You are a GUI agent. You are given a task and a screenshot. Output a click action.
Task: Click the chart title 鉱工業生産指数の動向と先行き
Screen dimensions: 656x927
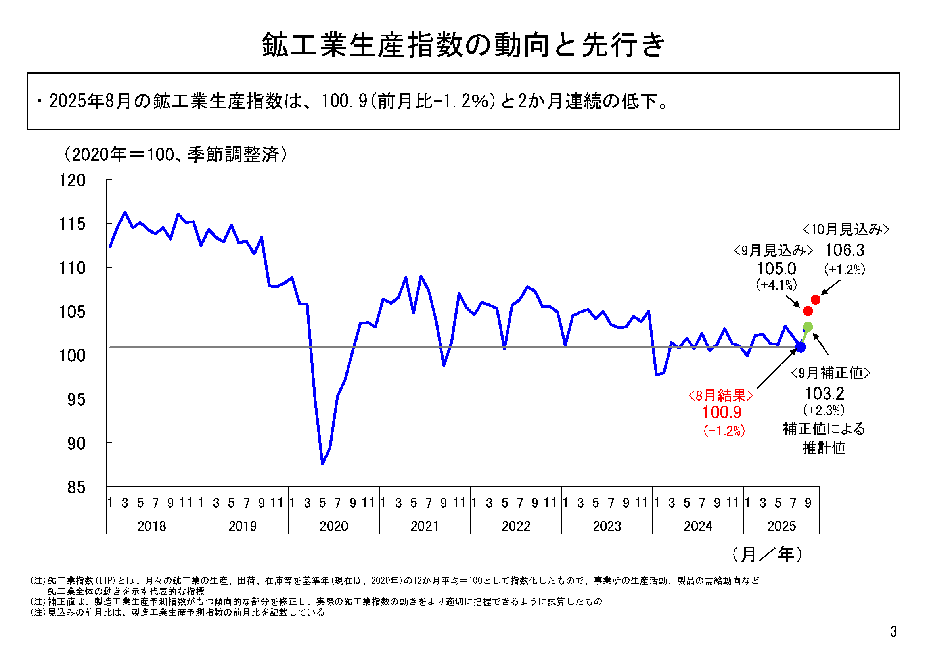pyautogui.click(x=463, y=44)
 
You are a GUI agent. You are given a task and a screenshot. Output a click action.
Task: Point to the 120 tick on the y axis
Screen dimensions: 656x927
pyautogui.click(x=73, y=180)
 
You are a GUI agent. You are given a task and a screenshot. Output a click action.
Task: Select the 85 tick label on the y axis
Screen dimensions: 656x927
pyautogui.click(x=77, y=487)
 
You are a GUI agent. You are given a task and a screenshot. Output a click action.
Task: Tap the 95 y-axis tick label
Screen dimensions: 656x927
pyautogui.click(x=77, y=399)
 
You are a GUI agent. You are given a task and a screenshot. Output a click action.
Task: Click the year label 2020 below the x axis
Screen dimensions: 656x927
pyautogui.click(x=333, y=526)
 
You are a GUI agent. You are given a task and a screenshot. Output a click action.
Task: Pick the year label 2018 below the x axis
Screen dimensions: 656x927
pyautogui.click(x=151, y=526)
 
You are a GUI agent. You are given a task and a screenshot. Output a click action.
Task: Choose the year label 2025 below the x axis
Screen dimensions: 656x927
pyautogui.click(x=781, y=526)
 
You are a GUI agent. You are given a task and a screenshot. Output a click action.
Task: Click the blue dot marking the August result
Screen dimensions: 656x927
pyautogui.click(x=800, y=347)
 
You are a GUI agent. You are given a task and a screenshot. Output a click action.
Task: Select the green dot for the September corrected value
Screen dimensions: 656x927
pyautogui.click(x=808, y=326)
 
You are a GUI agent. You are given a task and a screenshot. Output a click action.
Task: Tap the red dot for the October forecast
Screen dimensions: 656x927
pyautogui.click(x=816, y=300)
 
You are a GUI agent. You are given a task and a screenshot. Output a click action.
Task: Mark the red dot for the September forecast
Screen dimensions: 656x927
pyautogui.click(x=808, y=311)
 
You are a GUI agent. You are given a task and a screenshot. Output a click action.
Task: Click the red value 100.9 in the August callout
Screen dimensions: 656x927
pyautogui.click(x=722, y=412)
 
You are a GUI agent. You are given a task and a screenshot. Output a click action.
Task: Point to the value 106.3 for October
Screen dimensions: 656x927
pyautogui.click(x=844, y=250)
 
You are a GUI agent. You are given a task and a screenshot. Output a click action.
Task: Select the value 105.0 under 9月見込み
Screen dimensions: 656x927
pyautogui.click(x=776, y=269)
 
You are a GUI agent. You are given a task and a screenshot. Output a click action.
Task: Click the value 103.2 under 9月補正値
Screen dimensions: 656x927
pyautogui.click(x=824, y=393)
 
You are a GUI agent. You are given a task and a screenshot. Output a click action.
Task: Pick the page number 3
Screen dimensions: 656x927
pyautogui.click(x=893, y=631)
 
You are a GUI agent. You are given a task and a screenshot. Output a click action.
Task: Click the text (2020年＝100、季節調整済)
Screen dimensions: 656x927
pyautogui.click(x=176, y=154)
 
